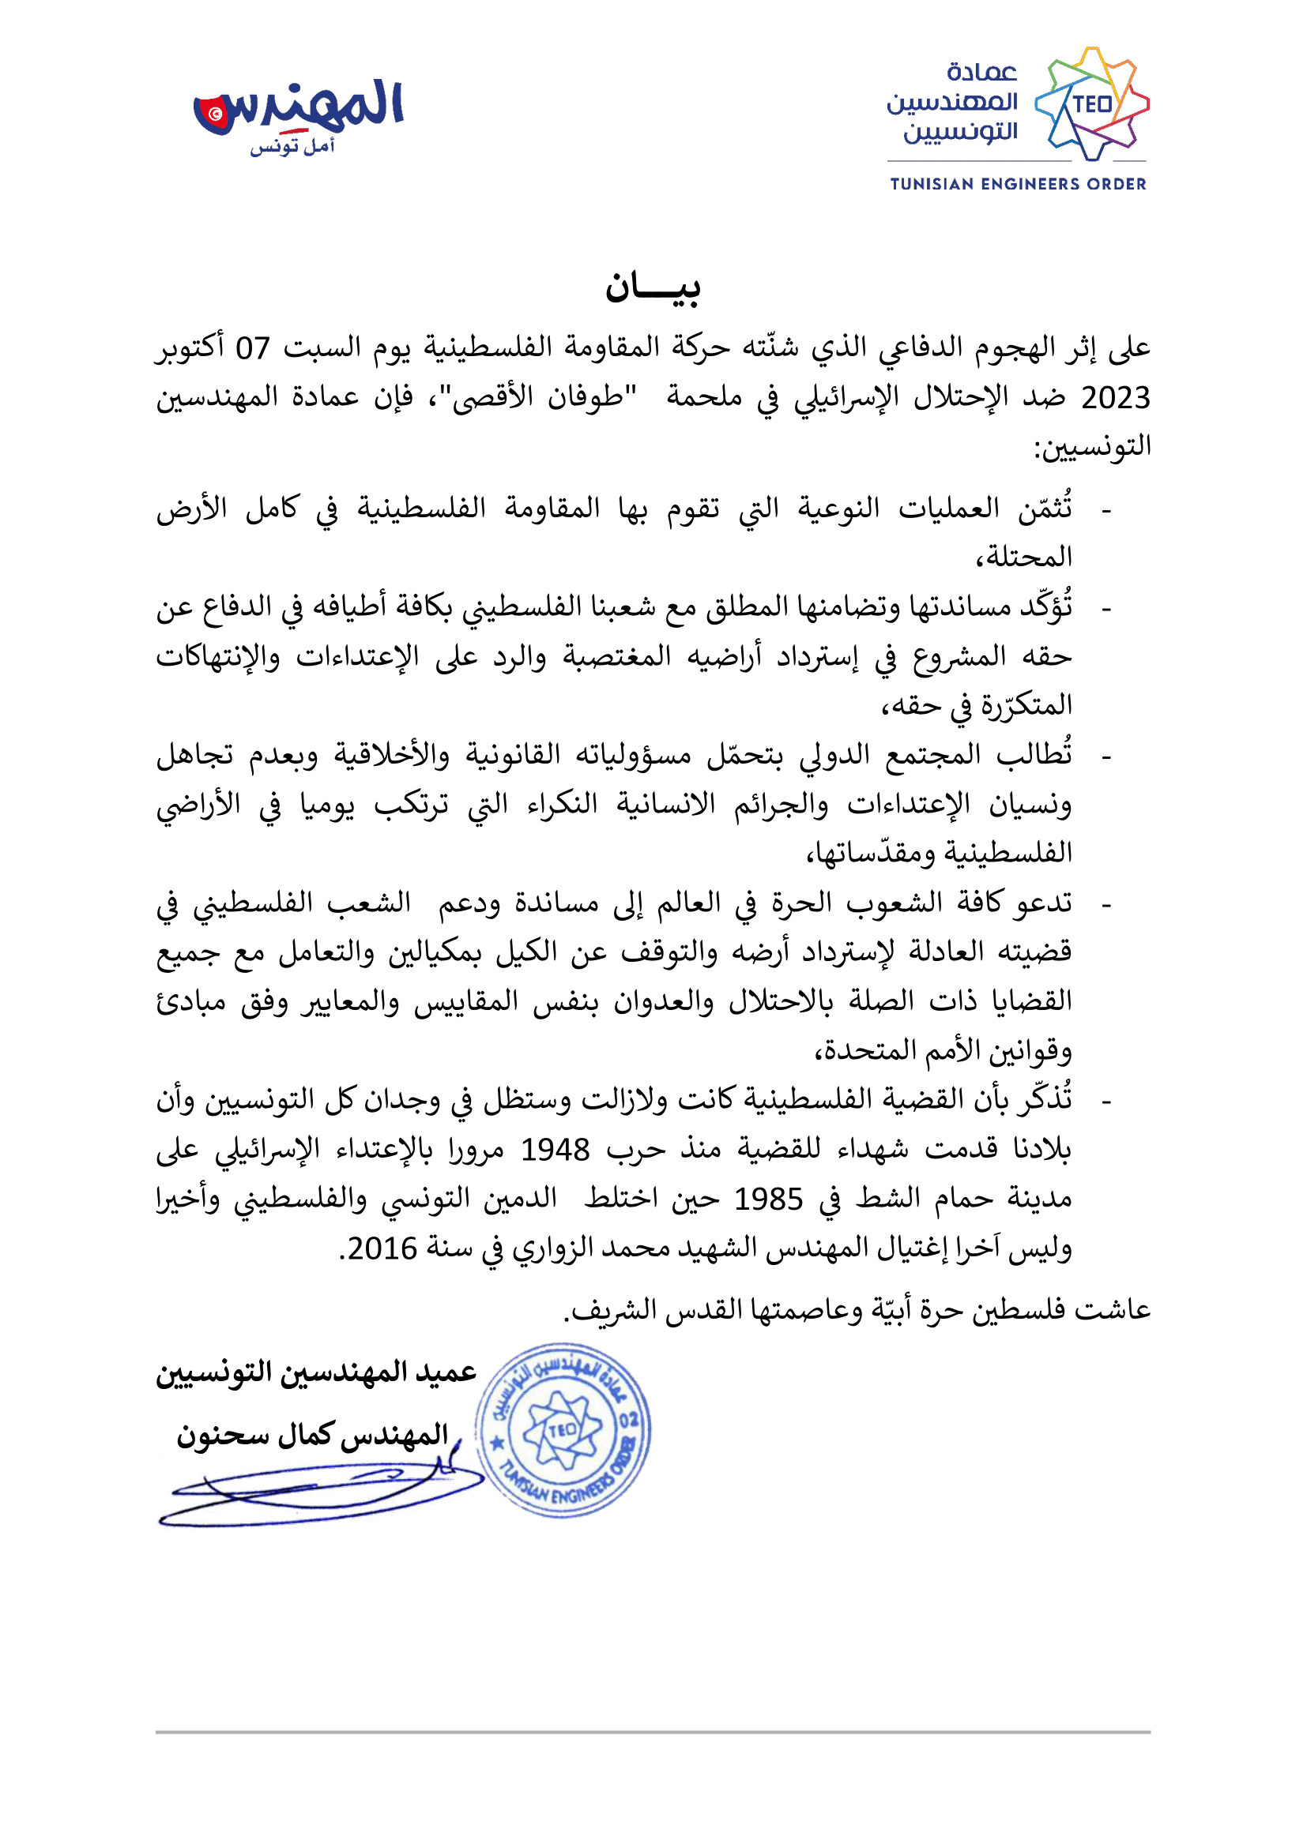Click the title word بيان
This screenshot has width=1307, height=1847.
(653, 287)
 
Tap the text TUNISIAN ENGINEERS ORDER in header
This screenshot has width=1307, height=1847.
(1017, 184)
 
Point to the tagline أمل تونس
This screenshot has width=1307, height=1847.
(292, 146)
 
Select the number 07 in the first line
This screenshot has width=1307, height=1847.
(253, 348)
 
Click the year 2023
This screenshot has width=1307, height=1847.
(1115, 398)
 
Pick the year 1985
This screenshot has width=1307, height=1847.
(768, 1199)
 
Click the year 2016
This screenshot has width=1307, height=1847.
(382, 1248)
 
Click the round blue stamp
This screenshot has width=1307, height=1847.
(563, 1429)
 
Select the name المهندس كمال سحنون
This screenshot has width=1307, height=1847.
(312, 1434)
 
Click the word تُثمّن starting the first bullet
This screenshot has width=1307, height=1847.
(1045, 509)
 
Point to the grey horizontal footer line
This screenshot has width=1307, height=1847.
(653, 1732)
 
